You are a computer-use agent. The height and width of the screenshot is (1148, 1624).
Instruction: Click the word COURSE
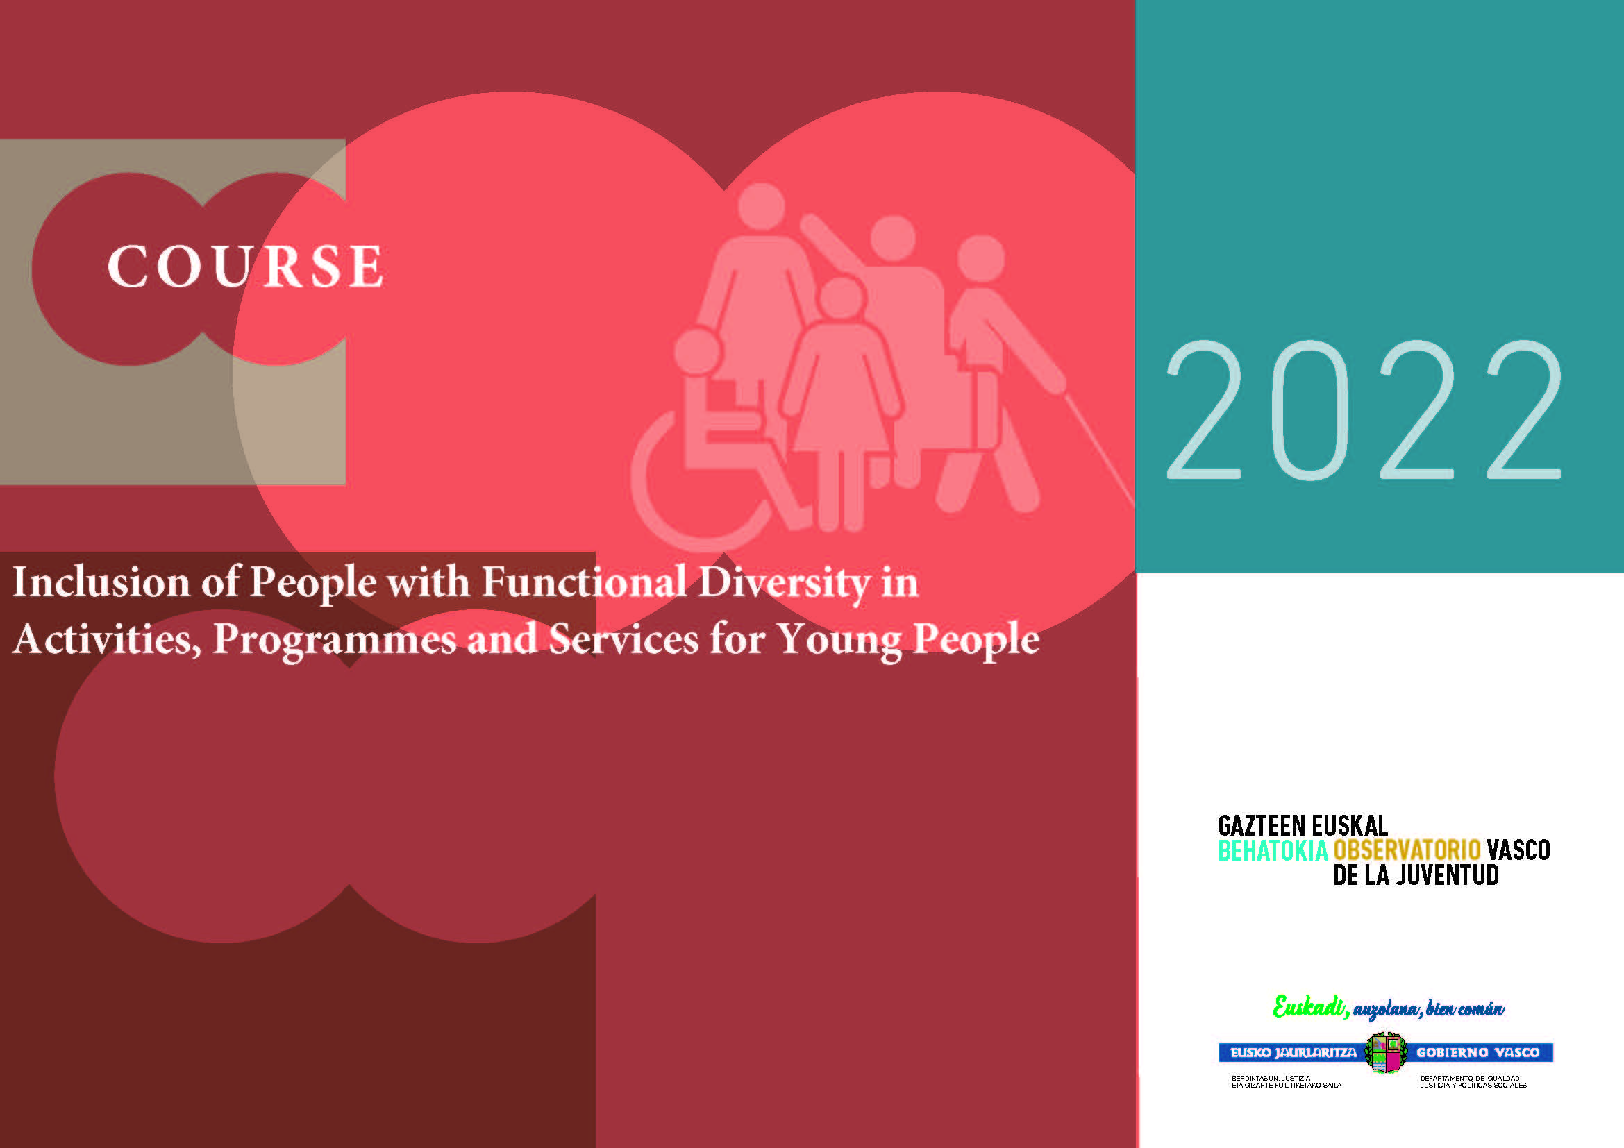click(x=244, y=267)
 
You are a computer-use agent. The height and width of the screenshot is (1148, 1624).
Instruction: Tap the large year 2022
click(x=1363, y=410)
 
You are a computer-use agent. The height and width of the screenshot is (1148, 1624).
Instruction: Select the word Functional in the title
click(x=583, y=582)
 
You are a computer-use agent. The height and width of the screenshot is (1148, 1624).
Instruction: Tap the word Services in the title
click(x=624, y=639)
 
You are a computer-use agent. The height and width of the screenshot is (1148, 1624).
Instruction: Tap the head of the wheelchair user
click(x=697, y=351)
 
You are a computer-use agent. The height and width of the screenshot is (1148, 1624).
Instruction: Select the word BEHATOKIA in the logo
click(x=1273, y=850)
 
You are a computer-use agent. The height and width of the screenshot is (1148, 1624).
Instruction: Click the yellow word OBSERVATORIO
click(x=1407, y=850)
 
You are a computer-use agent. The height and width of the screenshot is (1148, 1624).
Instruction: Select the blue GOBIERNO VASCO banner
click(x=1478, y=1053)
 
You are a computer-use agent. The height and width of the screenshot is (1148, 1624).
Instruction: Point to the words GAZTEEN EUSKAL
click(x=1302, y=826)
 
